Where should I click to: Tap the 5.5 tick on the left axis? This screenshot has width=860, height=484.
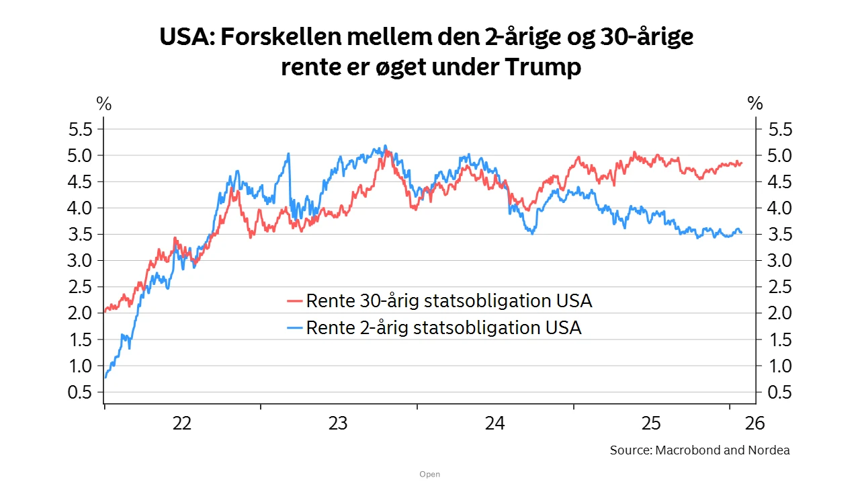83,129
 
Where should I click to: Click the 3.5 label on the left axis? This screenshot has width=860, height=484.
83,235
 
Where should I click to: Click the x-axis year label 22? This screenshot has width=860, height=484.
181,424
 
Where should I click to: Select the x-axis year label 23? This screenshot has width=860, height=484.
338,424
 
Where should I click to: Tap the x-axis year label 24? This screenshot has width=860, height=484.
495,424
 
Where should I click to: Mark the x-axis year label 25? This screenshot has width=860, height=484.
652,424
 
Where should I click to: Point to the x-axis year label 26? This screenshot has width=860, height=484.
754,424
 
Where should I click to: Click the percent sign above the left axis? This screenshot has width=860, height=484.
103,104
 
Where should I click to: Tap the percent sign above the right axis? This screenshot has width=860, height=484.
755,104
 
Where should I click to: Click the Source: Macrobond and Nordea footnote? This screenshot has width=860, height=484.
699,450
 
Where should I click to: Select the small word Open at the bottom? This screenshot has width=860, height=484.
429,475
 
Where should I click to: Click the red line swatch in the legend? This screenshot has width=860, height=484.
295,300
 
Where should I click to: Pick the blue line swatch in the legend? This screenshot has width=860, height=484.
295,328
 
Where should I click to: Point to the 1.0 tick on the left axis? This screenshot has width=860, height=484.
83,366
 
